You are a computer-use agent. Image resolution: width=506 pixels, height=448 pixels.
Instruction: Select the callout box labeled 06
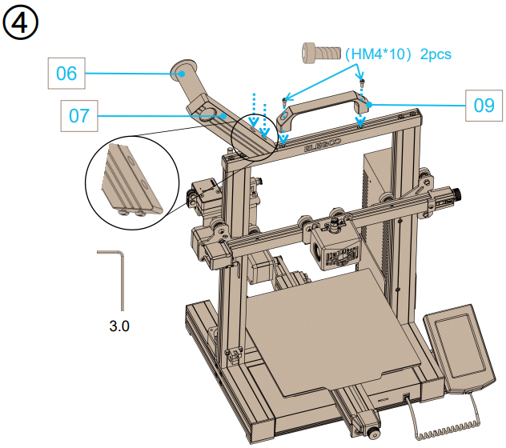[67, 74]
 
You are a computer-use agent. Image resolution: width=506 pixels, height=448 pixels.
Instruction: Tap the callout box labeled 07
[78, 116]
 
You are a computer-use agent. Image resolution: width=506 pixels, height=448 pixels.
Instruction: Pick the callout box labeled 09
[484, 104]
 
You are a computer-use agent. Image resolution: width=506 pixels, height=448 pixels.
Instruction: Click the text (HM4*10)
[377, 55]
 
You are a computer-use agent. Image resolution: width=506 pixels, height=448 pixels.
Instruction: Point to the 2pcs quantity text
[436, 55]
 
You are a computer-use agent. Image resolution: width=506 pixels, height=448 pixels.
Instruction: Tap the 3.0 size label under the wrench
[118, 326]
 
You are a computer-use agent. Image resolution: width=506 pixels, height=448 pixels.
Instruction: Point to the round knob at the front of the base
[374, 434]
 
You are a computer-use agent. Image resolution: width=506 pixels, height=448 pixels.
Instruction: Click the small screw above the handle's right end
[362, 82]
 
